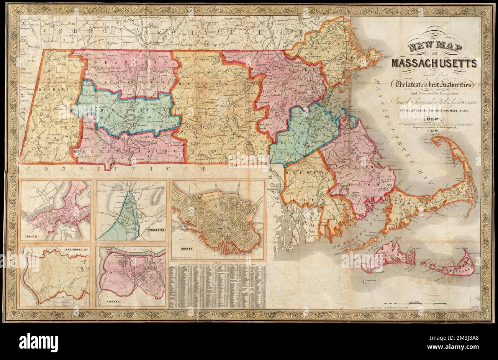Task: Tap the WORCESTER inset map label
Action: coord(156,230)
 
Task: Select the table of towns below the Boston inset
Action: coord(218,286)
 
